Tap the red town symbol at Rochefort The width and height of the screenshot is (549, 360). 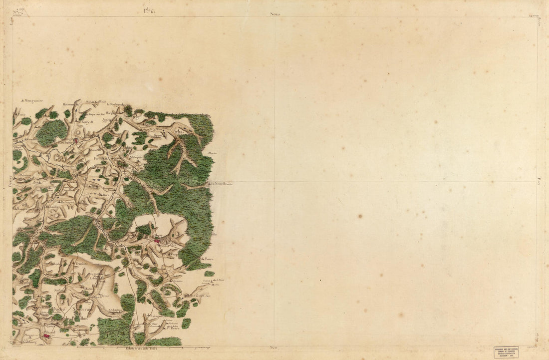tap(75, 141)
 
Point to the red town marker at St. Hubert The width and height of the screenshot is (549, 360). tap(157, 241)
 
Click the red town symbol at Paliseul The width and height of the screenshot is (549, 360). tap(47, 338)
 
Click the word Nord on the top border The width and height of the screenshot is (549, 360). tap(275, 14)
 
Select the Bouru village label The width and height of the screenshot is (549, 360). tap(209, 260)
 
